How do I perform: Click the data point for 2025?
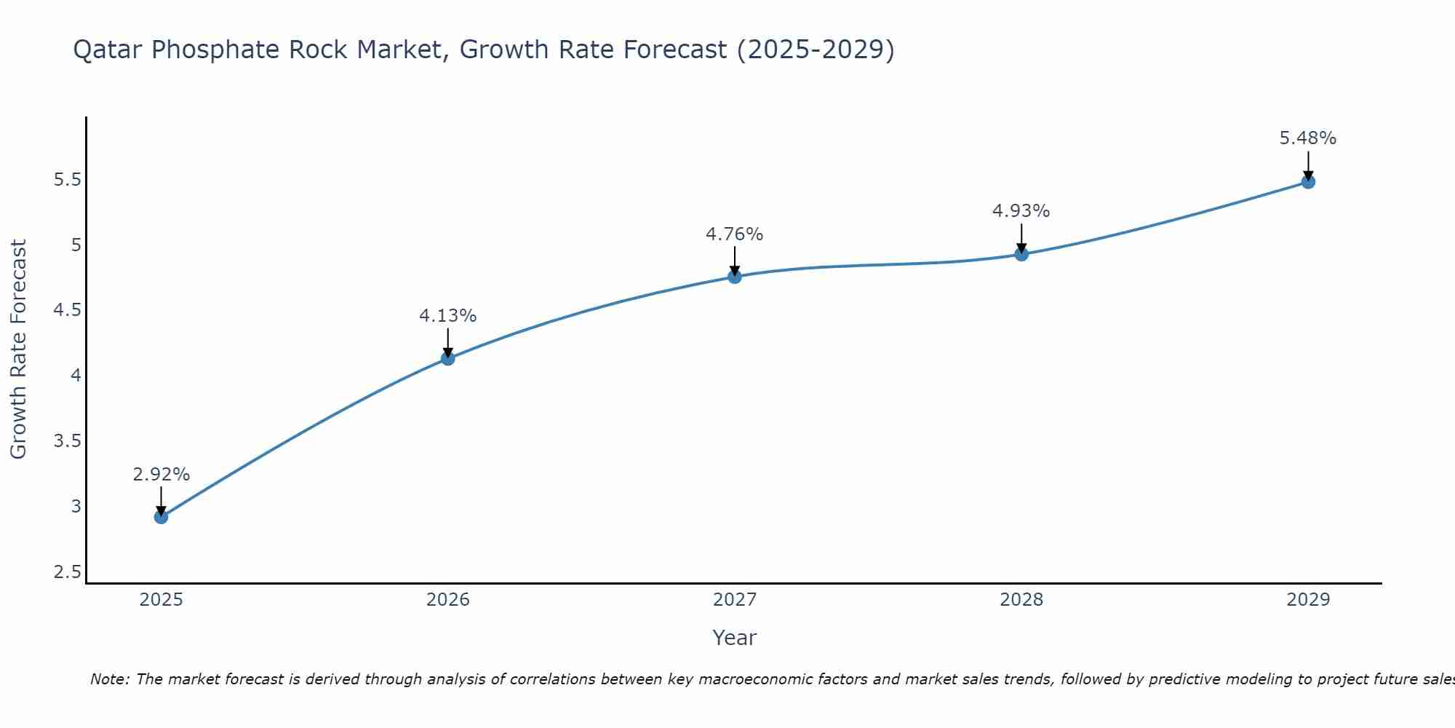(x=161, y=517)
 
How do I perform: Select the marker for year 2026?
(x=448, y=358)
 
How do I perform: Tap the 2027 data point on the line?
(x=735, y=277)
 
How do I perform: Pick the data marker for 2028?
(x=1021, y=254)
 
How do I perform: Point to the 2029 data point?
(x=1308, y=182)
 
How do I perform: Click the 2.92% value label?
(x=161, y=475)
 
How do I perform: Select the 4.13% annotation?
(x=447, y=316)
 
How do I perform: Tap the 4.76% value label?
(x=734, y=234)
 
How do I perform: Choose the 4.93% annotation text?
(x=1021, y=211)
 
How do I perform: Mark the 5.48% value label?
(x=1307, y=138)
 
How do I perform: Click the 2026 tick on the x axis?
(x=448, y=600)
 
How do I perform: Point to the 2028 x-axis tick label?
(x=1021, y=600)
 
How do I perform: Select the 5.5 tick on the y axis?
(x=67, y=180)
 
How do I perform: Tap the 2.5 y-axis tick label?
(x=67, y=572)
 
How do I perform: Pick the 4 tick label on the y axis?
(x=76, y=376)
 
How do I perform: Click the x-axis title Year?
(x=734, y=638)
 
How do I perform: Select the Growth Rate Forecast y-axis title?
(x=18, y=349)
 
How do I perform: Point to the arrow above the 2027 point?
(x=735, y=260)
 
